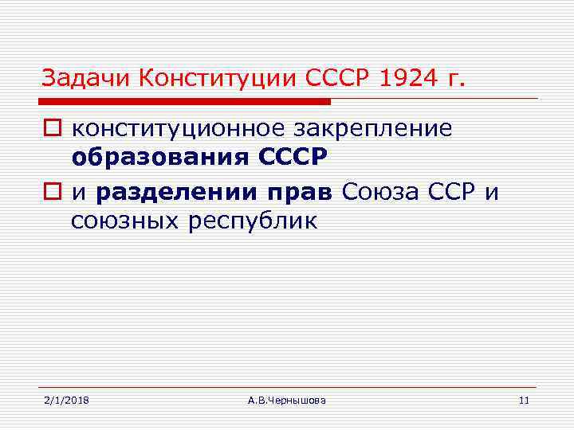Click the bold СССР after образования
293,159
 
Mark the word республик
253,221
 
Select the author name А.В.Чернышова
286,400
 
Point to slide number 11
524,400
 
